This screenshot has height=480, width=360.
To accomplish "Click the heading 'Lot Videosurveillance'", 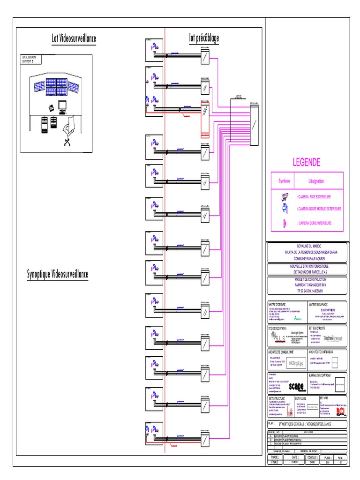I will (x=74, y=38).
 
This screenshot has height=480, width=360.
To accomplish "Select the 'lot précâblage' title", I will (x=204, y=37).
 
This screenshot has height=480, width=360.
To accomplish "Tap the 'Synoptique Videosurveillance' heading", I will (x=58, y=274).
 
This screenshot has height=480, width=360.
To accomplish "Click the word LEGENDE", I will (x=307, y=163).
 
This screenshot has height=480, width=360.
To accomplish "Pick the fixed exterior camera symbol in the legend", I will (x=284, y=197).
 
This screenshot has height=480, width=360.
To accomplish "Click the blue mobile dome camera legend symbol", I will (x=284, y=209).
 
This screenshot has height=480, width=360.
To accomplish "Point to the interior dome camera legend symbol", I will (x=284, y=223).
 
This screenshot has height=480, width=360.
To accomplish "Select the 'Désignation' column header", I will (x=316, y=181).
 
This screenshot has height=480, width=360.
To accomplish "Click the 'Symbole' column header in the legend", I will (x=285, y=181).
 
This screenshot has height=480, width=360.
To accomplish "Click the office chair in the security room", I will (x=69, y=126).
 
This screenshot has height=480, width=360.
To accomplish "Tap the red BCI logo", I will (x=340, y=411).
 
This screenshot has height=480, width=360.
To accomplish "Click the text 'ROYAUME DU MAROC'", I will (x=307, y=246).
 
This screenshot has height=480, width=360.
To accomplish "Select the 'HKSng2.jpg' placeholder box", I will (x=297, y=363).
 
